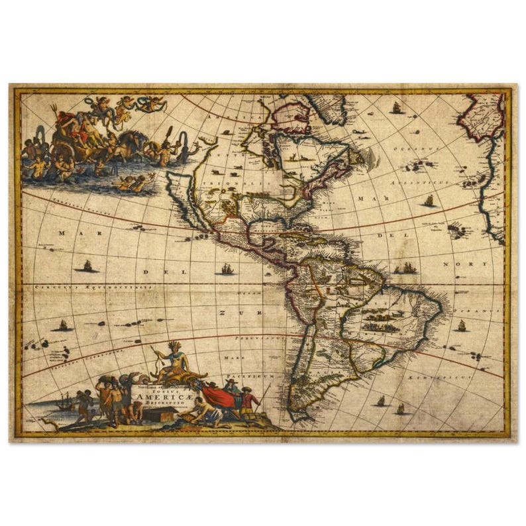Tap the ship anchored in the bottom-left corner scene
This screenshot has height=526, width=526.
[x=64, y=401]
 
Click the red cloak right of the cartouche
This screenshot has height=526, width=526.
[x=217, y=395]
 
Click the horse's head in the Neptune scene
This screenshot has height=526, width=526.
[x=140, y=137]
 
